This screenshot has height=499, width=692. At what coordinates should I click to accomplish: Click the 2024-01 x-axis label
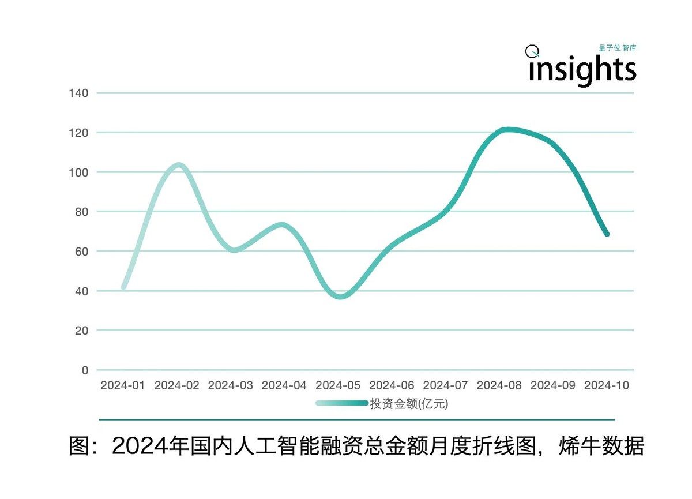point(123,385)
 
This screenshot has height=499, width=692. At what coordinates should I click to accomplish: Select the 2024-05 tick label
point(338,385)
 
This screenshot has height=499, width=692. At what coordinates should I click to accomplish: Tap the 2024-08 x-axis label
point(499,385)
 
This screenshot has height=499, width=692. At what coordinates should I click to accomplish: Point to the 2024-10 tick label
point(607,385)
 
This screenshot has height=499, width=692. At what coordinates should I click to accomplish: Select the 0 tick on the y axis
point(85,370)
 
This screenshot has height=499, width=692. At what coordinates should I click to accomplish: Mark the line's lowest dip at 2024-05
point(340,297)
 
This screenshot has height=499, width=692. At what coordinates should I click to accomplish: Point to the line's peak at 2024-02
point(178,166)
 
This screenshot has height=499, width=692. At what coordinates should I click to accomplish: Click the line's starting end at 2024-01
point(123,287)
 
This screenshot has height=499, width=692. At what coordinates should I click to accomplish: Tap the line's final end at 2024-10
point(607,234)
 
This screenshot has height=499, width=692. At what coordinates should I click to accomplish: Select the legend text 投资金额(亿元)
point(409,404)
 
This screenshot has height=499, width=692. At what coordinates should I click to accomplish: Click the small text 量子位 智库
point(617,48)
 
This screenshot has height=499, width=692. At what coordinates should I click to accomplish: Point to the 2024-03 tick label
point(231,385)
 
